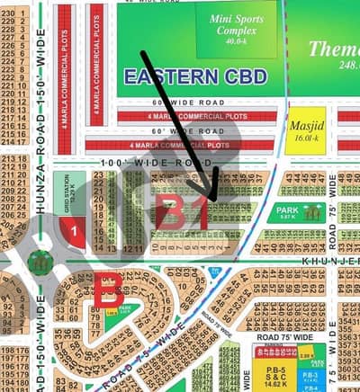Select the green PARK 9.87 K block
point(295,213)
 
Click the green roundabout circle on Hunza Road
point(40,262)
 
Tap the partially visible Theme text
point(334,49)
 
